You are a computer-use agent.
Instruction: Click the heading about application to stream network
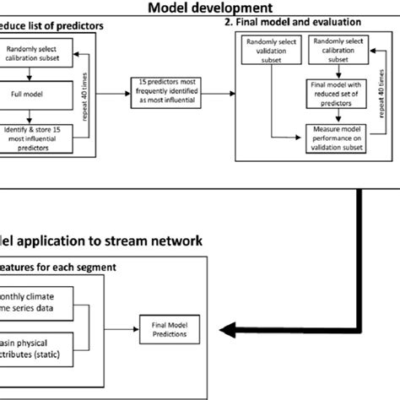(101, 241)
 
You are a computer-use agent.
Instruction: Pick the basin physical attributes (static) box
(38, 348)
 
